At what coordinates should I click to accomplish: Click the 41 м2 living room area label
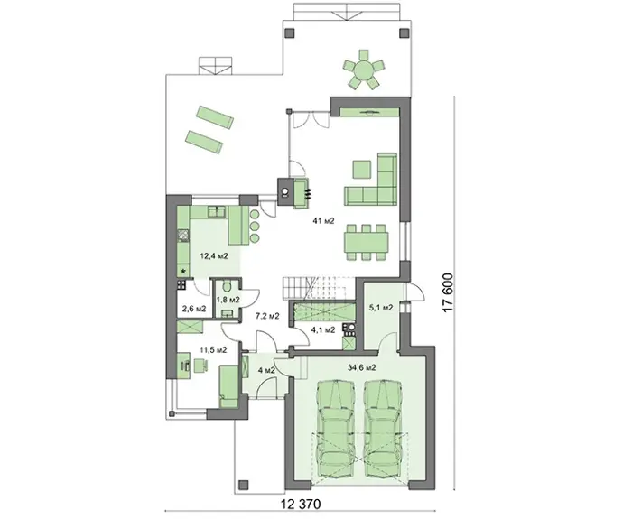pyautogui.click(x=323, y=220)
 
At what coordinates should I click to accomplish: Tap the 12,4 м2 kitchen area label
pyautogui.click(x=215, y=255)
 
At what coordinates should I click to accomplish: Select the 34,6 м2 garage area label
pyautogui.click(x=361, y=367)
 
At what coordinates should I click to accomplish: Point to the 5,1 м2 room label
pyautogui.click(x=381, y=308)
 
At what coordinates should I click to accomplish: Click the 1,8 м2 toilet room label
pyautogui.click(x=228, y=300)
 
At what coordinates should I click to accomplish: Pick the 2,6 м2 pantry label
pyautogui.click(x=194, y=309)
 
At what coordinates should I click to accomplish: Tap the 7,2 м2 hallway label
pyautogui.click(x=267, y=316)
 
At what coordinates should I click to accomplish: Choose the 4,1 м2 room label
pyautogui.click(x=323, y=330)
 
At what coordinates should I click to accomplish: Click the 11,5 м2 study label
pyautogui.click(x=213, y=350)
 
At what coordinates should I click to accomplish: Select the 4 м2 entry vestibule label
pyautogui.click(x=266, y=370)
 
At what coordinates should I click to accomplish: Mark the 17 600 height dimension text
pyautogui.click(x=448, y=292)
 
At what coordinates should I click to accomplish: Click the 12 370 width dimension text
pyautogui.click(x=301, y=504)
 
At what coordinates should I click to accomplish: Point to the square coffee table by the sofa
pyautogui.click(x=362, y=170)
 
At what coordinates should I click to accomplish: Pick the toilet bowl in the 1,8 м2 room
pyautogui.click(x=227, y=286)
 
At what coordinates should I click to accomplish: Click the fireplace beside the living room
pyautogui.click(x=294, y=193)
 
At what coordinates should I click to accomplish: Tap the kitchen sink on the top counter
pyautogui.click(x=218, y=212)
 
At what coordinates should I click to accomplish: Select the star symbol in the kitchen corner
pyautogui.click(x=183, y=272)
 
